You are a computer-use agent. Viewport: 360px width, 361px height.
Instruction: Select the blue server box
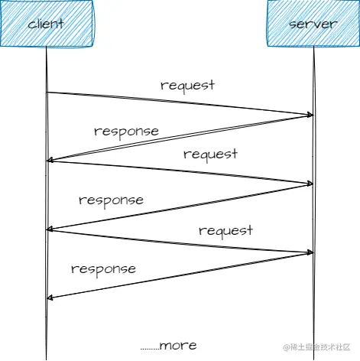pos(313,24)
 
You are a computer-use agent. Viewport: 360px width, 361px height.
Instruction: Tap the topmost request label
pos(187,84)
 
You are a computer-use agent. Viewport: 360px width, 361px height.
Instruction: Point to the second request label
pos(210,154)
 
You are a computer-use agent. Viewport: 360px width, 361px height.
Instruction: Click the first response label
pos(126,131)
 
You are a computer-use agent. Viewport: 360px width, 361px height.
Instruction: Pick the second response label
pos(111,200)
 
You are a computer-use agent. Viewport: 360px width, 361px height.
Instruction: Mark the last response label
pos(103,268)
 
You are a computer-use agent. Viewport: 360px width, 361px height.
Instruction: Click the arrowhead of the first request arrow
pos(310,115)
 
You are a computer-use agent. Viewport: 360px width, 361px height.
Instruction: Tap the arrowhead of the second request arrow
pos(310,184)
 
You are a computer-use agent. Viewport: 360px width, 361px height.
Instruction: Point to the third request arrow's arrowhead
pos(310,252)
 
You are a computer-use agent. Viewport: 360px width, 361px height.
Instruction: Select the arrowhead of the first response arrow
pos(50,161)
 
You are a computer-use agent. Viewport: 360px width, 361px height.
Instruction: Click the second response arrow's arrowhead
pos(50,229)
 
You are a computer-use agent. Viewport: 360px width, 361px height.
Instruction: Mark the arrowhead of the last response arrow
pos(50,298)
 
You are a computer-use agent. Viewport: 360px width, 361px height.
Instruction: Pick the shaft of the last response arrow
pos(183,275)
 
